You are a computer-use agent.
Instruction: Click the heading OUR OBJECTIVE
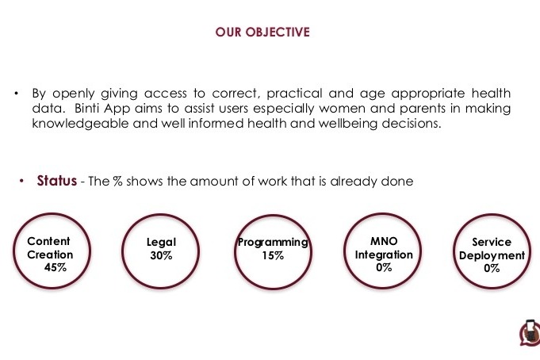click(x=262, y=32)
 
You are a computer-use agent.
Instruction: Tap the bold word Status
click(x=57, y=181)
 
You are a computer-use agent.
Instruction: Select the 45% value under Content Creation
click(x=56, y=267)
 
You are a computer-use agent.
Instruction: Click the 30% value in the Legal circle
click(x=161, y=255)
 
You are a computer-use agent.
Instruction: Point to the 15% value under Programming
click(x=273, y=255)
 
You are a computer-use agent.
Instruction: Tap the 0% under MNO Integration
click(x=384, y=267)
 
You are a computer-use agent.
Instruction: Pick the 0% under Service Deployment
click(x=492, y=268)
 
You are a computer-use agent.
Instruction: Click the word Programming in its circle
click(x=273, y=243)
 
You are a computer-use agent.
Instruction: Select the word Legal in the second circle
click(x=161, y=242)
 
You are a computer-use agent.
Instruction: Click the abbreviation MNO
click(x=384, y=241)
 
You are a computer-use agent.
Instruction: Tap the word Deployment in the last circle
click(x=492, y=255)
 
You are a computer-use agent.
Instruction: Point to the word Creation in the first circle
click(x=50, y=255)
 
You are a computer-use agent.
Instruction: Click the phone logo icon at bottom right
click(x=530, y=333)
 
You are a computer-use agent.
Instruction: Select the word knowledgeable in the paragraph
click(x=80, y=123)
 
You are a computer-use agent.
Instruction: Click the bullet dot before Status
click(x=21, y=181)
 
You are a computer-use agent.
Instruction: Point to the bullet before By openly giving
click(x=16, y=94)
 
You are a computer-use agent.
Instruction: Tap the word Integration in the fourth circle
click(x=384, y=255)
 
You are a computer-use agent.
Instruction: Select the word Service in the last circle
click(x=492, y=242)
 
